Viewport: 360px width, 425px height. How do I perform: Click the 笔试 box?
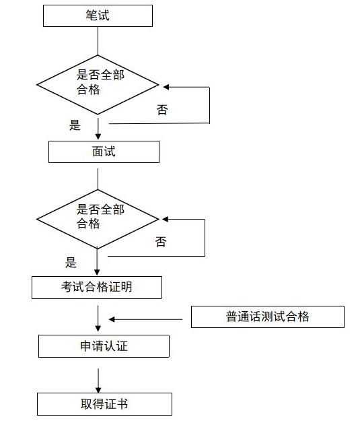point(98,16)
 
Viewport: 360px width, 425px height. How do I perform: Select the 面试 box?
point(104,152)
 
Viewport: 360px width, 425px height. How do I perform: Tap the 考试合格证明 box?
point(97,288)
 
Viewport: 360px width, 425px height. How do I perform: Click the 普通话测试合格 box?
point(267,317)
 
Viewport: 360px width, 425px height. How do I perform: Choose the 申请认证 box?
point(104,346)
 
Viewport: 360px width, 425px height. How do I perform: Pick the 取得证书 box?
point(104,404)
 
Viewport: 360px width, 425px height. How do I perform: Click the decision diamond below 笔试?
point(98,85)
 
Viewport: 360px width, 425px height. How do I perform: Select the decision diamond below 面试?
point(98,218)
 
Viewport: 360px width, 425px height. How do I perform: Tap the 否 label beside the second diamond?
point(161,242)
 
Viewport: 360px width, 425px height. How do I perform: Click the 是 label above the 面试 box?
point(75,125)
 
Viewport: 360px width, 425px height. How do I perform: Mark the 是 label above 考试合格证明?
point(71,262)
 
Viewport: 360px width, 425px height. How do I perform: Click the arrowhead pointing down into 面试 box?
point(98,137)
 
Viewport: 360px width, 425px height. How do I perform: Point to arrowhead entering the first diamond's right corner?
point(164,86)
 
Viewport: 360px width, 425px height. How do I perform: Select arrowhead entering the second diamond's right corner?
point(164,219)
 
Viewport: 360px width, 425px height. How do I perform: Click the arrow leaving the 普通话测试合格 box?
point(148,319)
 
